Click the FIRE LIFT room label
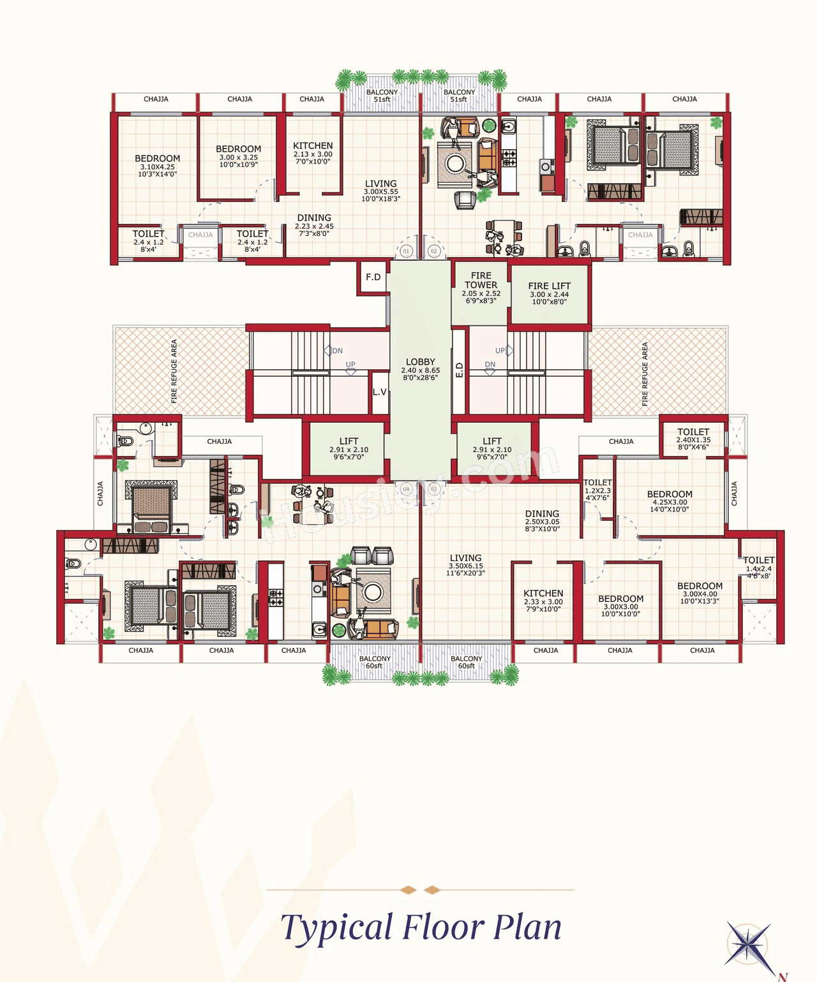tap(549, 286)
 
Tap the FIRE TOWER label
tap(481, 281)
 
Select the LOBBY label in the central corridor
tap(420, 362)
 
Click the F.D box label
tap(373, 277)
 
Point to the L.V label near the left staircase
tap(380, 392)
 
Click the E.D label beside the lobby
tap(459, 370)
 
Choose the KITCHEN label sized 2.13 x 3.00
tap(313, 146)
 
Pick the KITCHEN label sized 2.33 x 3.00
tap(543, 593)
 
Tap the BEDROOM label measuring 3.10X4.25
tap(157, 159)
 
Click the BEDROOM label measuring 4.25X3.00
tap(670, 494)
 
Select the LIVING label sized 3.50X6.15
tap(465, 558)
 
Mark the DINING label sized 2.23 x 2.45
tap(314, 218)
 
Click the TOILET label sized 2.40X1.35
tap(693, 432)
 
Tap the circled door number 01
tap(406, 251)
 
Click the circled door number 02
tap(434, 251)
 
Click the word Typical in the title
tap(336, 928)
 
